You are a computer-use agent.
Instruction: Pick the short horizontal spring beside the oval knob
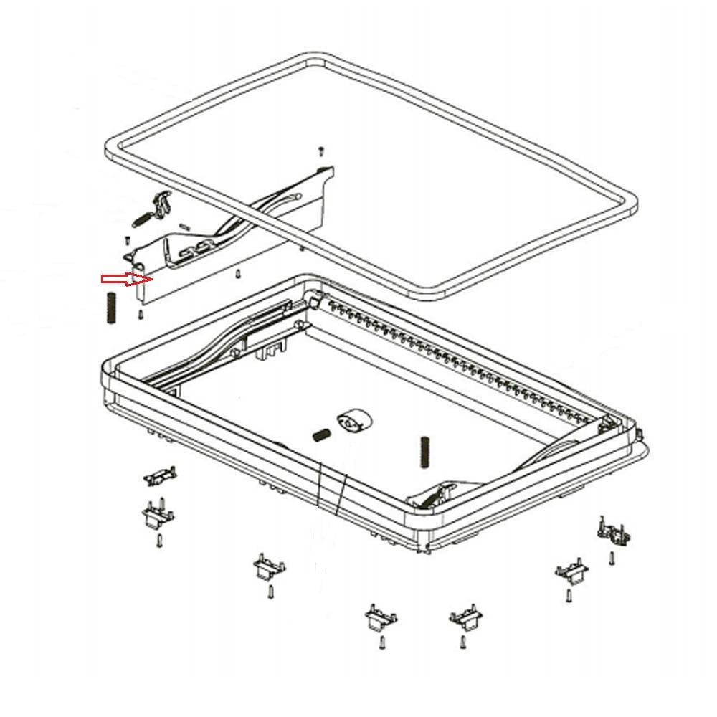point(320,435)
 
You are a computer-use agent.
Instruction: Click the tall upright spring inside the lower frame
point(423,454)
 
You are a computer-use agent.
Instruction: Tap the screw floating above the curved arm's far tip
point(322,151)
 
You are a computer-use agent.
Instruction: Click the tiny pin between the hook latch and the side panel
point(186,226)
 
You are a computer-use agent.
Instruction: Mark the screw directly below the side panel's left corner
point(141,314)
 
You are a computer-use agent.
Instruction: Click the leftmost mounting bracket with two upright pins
point(157,513)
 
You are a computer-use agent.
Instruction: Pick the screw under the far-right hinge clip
point(612,557)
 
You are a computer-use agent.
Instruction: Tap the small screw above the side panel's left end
point(127,239)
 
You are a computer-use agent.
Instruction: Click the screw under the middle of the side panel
point(237,273)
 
